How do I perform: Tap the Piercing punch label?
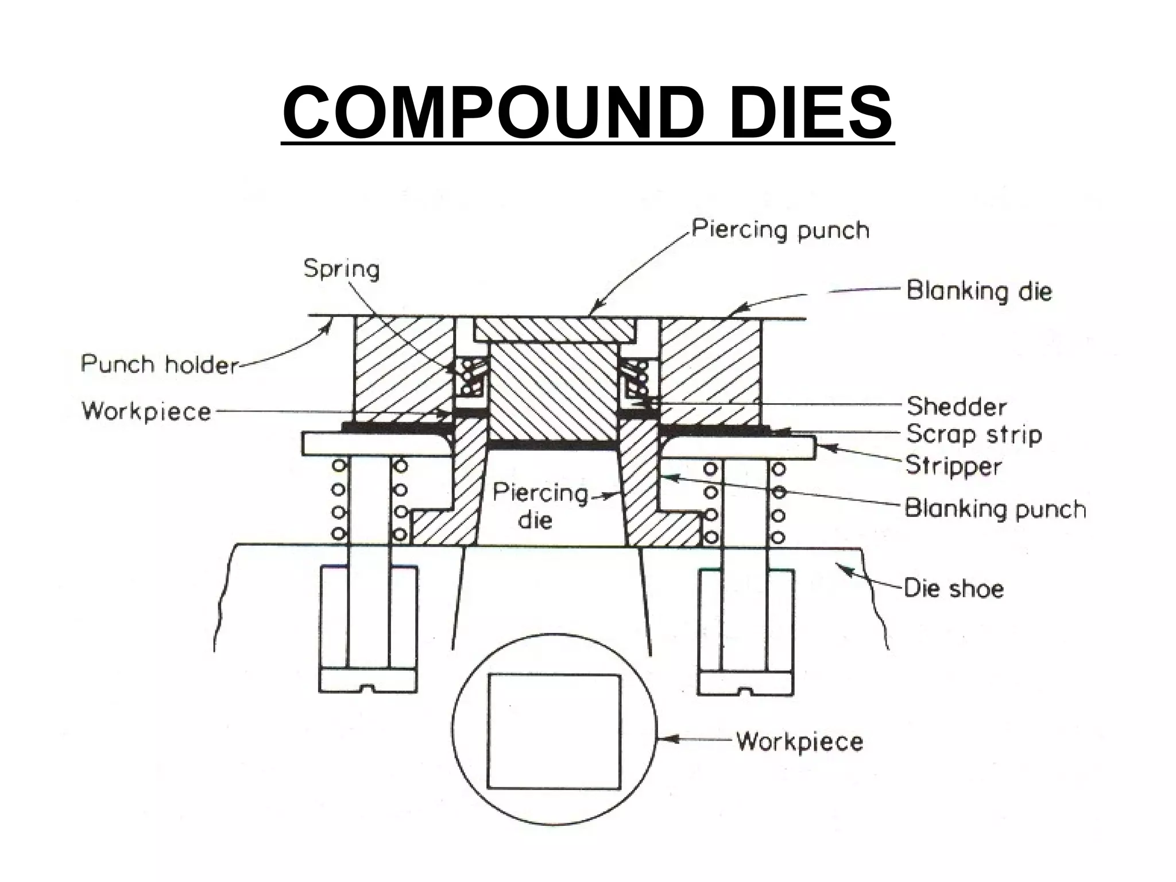click(x=780, y=230)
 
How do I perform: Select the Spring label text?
click(x=342, y=269)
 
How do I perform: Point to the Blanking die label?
click(x=979, y=291)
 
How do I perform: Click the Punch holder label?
click(x=160, y=365)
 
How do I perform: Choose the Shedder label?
click(x=957, y=407)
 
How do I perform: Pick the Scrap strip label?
click(x=974, y=434)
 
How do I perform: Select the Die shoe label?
click(x=954, y=589)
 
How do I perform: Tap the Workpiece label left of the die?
click(x=147, y=411)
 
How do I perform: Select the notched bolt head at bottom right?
click(x=746, y=682)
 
